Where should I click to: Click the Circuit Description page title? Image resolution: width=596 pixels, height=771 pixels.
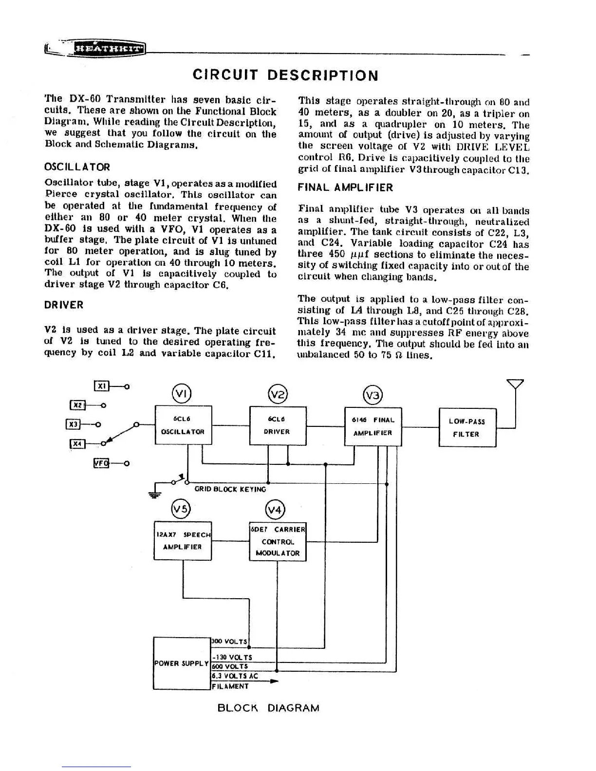click(285, 75)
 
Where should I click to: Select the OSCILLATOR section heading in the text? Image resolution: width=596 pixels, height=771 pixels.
click(77, 167)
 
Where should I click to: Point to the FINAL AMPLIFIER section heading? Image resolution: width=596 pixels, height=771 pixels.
click(345, 188)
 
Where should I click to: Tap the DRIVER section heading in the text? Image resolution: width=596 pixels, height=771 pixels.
click(64, 305)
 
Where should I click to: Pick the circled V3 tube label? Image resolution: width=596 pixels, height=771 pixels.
click(373, 395)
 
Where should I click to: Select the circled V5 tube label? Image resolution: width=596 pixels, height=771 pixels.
click(181, 510)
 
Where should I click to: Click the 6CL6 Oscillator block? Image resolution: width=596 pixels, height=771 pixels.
click(183, 425)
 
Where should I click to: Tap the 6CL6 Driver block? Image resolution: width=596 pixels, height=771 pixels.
click(278, 425)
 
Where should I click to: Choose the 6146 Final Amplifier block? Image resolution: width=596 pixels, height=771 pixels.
click(373, 426)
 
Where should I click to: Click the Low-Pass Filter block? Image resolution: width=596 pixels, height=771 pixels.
click(467, 427)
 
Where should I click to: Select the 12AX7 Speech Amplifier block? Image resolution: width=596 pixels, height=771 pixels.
click(183, 541)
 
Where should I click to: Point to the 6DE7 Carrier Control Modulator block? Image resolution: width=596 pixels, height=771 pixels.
click(278, 541)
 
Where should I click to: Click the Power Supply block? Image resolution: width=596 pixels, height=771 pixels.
click(182, 663)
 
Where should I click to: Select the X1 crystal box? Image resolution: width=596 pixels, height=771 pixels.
click(101, 386)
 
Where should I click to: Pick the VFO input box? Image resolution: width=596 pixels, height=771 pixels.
click(100, 463)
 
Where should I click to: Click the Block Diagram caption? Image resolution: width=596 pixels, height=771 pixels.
click(268, 708)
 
